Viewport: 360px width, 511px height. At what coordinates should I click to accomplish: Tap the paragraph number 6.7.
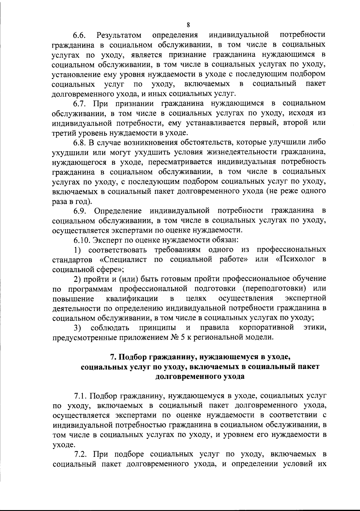tap(80, 104)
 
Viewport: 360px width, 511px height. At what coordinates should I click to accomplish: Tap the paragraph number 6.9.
tap(80, 211)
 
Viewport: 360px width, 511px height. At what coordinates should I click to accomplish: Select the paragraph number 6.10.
tap(82, 240)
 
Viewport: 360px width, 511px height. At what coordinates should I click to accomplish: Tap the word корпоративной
tap(266, 327)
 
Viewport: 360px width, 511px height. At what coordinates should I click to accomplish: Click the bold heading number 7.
tap(113, 357)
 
